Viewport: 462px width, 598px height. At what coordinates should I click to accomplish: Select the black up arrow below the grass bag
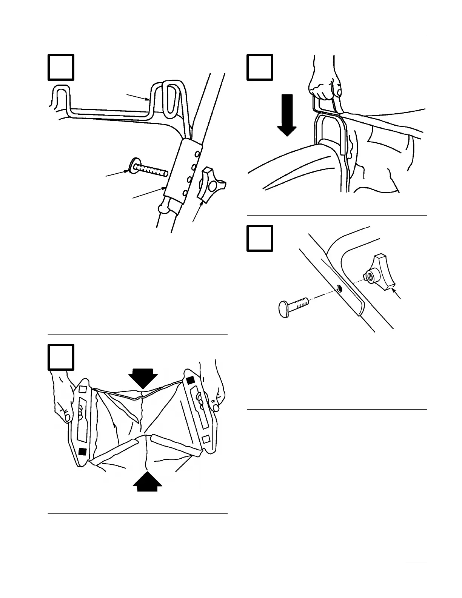point(149,481)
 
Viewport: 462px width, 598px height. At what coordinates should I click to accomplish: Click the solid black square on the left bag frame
point(83,451)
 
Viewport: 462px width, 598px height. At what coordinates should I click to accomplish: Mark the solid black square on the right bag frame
point(190,379)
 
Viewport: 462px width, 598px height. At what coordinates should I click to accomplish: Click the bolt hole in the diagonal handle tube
point(339,289)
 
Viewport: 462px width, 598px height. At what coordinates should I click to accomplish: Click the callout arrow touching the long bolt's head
point(117,174)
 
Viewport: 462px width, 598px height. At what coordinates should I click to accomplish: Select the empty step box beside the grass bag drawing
point(61,357)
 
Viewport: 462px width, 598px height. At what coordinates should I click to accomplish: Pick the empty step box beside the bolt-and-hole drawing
point(260,238)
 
